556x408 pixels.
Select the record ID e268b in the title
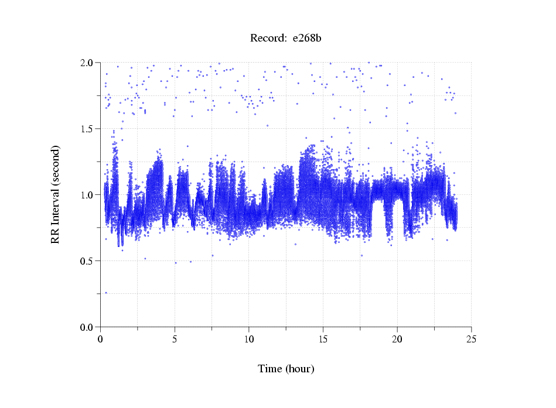tap(307, 39)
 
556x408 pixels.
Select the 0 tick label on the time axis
tap(101, 340)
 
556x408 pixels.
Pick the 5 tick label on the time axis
tap(175, 340)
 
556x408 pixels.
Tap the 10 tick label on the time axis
tap(249, 340)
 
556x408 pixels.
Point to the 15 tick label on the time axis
tap(323, 340)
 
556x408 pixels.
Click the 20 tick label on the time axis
tap(397, 340)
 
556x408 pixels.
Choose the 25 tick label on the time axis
tap(471, 340)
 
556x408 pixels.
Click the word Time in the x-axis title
tap(270, 369)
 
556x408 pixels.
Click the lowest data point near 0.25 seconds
tap(106, 293)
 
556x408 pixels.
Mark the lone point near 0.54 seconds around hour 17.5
tap(361, 255)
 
